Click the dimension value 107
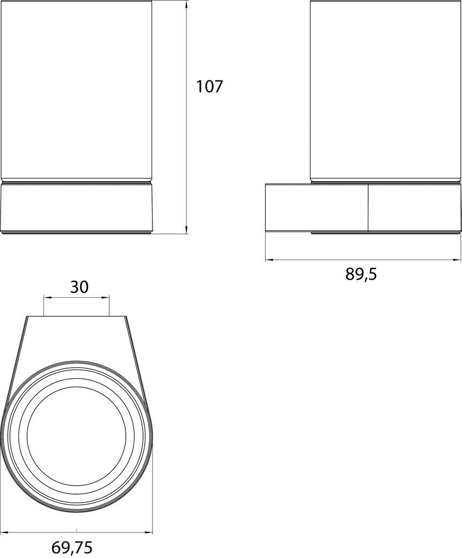point(209,87)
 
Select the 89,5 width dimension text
point(361,274)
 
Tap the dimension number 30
point(79,287)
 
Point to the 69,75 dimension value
point(72,547)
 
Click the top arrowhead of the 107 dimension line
point(187,3)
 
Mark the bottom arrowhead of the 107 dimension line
point(187,230)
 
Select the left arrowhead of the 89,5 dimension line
point(268,259)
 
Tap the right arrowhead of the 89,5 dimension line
point(458,259)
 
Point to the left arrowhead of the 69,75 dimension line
point(4,532)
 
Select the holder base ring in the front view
point(76,208)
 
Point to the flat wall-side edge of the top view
point(77,317)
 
